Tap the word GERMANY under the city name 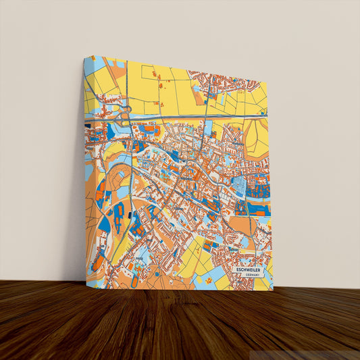point(253,276)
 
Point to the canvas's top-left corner point(84,57)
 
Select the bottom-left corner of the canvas point(86,279)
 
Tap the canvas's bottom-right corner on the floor point(273,290)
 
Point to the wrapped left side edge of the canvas point(85,169)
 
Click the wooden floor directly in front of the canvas point(180,317)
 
